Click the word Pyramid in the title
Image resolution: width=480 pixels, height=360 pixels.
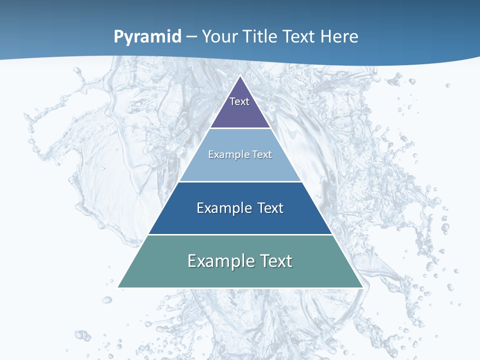147,36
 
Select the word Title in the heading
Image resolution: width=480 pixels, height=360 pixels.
260,36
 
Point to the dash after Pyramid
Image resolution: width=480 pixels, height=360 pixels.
191,37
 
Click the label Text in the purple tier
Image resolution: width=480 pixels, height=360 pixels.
239,101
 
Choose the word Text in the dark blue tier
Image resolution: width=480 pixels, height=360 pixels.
269,208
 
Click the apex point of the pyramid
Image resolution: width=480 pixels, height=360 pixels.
240,76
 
